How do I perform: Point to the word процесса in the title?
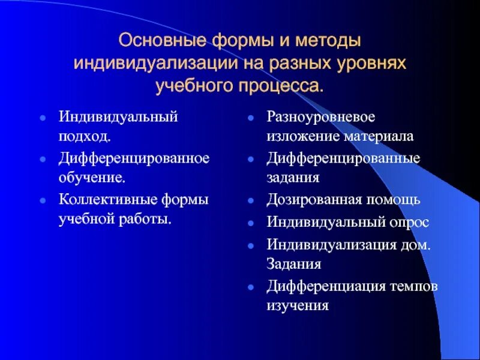point(280,86)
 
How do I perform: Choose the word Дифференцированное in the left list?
point(134,158)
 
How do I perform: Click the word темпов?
point(414,286)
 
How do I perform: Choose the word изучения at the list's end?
point(298,306)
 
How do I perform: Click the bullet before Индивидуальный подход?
point(43,117)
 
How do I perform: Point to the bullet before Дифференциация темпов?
point(251,287)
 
